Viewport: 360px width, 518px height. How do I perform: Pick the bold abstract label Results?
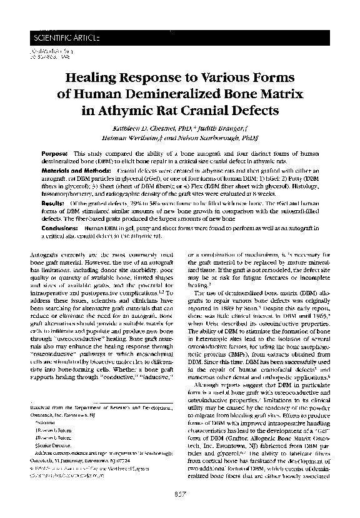click(53, 204)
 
